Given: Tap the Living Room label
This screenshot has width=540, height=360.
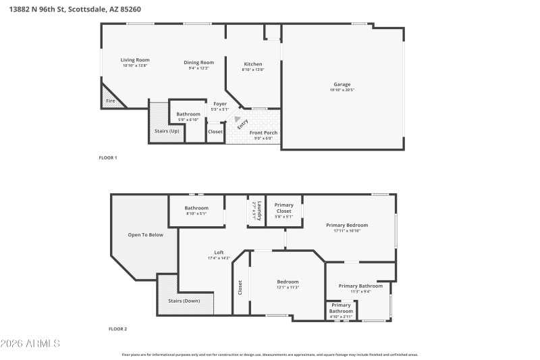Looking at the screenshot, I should (135, 60).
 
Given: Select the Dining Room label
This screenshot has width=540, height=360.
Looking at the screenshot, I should (198, 62).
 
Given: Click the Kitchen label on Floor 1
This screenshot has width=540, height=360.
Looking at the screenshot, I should (253, 64).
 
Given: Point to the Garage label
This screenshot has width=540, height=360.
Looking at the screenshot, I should (342, 84).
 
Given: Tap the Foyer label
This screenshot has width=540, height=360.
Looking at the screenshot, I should (219, 103).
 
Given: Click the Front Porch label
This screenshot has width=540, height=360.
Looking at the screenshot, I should (263, 133).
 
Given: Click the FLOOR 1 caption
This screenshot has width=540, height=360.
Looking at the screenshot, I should (108, 158).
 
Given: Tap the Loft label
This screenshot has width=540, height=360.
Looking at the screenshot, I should (219, 253).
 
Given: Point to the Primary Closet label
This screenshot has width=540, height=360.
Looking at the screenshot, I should (283, 208).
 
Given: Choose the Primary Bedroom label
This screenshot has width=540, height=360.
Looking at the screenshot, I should (347, 225).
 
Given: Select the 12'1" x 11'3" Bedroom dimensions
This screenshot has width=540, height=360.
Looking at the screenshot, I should (288, 288).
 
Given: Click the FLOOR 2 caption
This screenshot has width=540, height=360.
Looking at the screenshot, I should (117, 329).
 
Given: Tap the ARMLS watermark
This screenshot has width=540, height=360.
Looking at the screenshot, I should (30, 344).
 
